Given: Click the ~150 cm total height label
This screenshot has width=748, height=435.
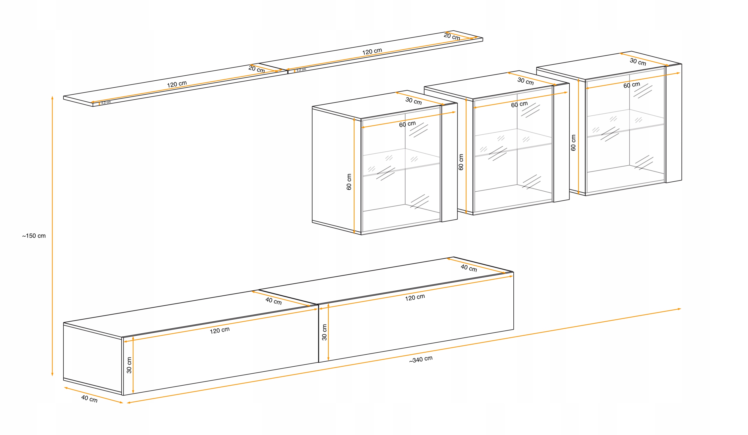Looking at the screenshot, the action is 34,236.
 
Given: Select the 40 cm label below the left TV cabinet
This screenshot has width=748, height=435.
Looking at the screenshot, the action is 89,399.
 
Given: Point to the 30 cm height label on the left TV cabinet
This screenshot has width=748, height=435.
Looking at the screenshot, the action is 129,365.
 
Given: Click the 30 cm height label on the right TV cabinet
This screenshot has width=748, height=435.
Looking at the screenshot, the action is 324,332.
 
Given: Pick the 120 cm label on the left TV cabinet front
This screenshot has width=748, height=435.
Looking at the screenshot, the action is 220,330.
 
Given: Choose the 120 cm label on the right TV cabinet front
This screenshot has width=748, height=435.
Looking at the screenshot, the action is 415,297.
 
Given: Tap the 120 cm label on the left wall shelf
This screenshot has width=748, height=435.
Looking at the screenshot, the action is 177,84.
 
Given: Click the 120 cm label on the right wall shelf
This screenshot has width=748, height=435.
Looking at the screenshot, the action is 372,51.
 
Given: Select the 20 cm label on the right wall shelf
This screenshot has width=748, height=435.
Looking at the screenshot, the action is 452,37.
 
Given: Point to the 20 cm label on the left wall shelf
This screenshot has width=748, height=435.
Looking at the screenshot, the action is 257,70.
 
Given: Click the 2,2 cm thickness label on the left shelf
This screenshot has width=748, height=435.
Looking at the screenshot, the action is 106,102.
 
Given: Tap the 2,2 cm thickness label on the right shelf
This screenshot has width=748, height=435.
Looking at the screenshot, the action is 301,70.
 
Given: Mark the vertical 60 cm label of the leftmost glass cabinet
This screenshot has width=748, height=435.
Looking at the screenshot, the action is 349,182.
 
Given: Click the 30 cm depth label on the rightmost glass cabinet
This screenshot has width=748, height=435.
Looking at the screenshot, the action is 638,62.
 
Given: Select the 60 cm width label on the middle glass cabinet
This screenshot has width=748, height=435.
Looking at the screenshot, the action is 520,104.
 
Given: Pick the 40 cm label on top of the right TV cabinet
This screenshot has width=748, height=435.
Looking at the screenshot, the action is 469,268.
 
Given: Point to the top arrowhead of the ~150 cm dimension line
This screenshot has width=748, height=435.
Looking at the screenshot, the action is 52,98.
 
